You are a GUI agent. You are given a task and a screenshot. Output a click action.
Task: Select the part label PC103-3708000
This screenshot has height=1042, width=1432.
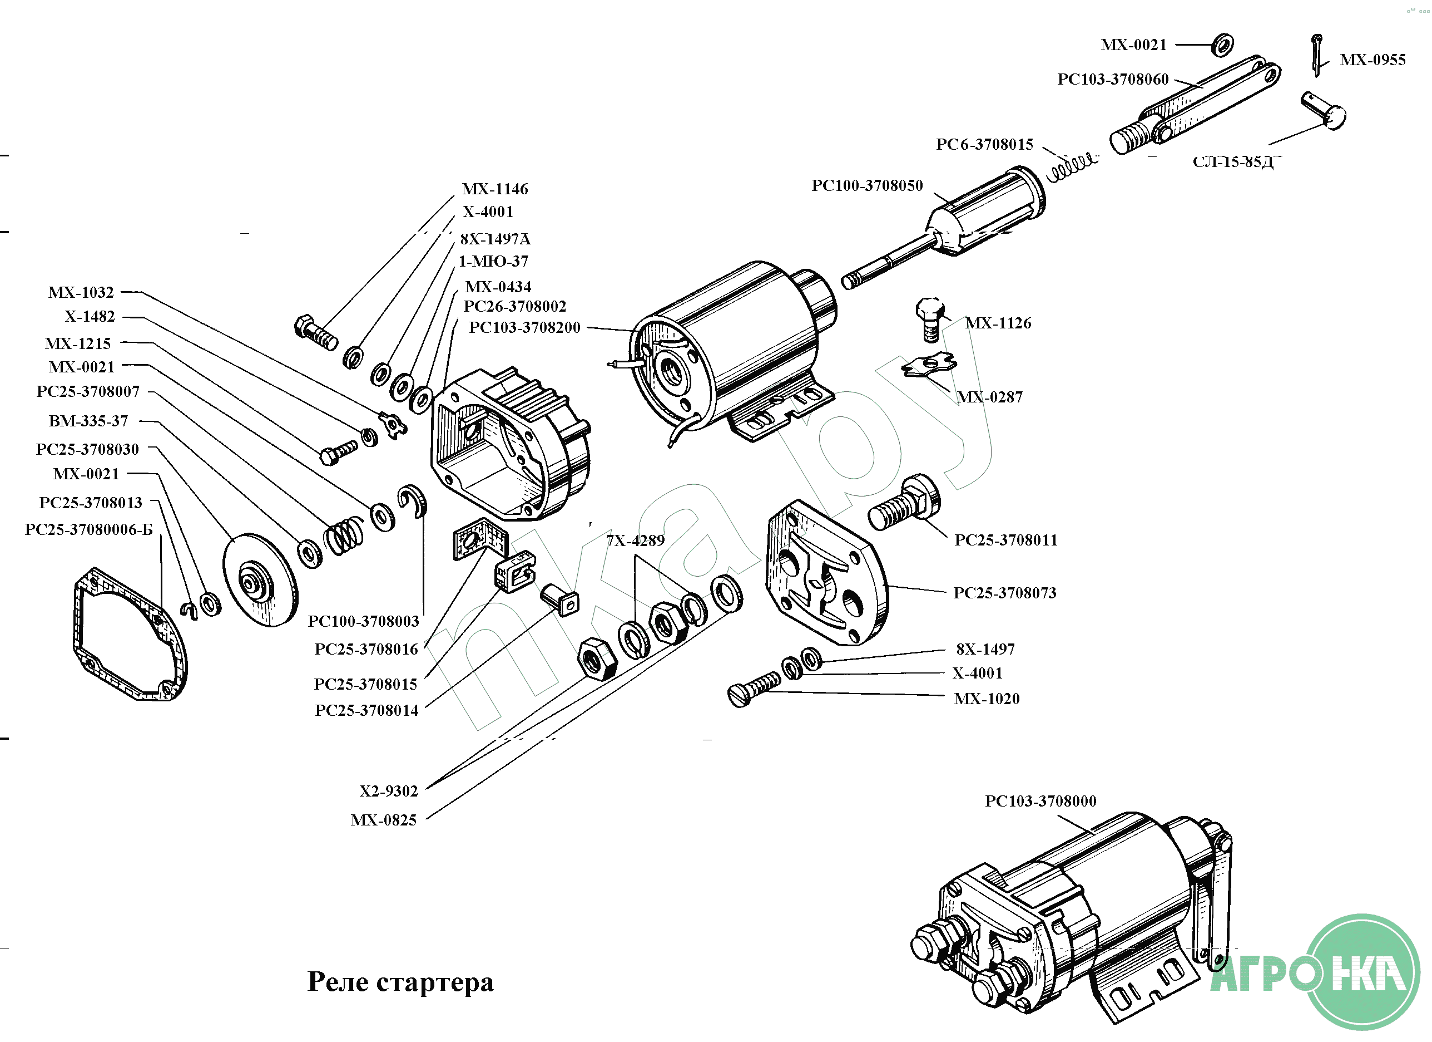[1040, 801]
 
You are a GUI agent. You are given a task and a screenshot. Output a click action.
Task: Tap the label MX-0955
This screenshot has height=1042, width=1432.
[1372, 60]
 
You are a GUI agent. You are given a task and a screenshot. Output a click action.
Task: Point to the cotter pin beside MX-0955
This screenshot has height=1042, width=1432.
[1316, 55]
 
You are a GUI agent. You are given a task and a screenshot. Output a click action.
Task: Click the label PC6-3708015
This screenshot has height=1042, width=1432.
[984, 145]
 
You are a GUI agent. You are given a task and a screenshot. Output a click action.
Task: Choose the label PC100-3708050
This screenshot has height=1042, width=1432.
[866, 186]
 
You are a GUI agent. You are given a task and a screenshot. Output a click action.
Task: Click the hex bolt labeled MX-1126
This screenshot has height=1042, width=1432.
[930, 319]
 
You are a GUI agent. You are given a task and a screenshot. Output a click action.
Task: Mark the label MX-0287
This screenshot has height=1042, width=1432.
[989, 397]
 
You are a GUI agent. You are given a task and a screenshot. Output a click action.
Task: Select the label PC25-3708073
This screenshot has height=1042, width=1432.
[1004, 593]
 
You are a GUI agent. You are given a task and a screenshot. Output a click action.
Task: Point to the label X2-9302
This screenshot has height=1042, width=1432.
[388, 791]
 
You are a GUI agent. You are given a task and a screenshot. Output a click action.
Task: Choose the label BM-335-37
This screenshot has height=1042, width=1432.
[88, 421]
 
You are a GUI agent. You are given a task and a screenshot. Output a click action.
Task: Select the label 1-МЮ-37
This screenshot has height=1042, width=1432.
[493, 262]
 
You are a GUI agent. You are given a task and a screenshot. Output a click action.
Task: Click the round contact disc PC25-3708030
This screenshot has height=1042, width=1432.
[260, 580]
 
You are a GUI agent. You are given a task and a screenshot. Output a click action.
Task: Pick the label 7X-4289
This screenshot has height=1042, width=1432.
[635, 541]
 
